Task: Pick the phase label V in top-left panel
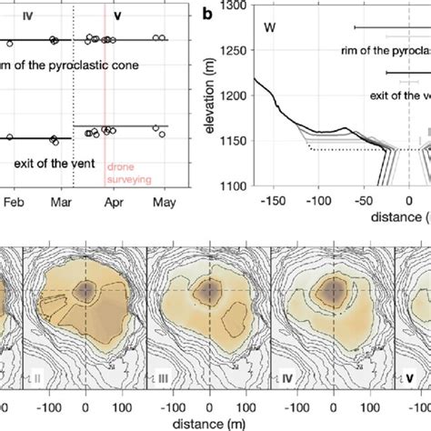pos(118,15)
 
